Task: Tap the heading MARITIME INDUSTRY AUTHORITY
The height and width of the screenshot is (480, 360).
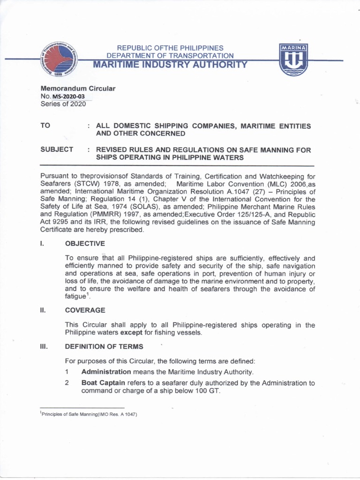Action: coord(169,65)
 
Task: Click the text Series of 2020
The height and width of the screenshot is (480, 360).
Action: coord(63,105)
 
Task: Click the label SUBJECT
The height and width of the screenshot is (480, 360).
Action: coord(57,150)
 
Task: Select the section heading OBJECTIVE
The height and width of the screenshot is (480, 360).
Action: coord(85,243)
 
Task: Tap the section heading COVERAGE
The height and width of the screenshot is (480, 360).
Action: coord(85,310)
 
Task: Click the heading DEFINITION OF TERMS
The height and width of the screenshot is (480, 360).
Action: coord(104,346)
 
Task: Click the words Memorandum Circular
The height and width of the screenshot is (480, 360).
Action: coord(78,89)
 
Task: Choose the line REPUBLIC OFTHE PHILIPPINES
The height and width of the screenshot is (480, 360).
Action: coord(170,48)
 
